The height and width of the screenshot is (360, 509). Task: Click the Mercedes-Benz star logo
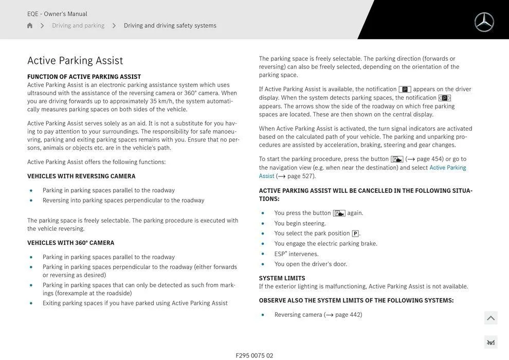point(484,22)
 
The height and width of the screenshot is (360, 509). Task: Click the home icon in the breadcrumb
point(30,26)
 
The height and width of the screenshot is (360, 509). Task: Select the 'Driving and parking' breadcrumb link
point(78,26)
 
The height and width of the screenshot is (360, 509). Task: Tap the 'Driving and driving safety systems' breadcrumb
point(170,26)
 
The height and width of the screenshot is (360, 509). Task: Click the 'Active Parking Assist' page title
point(75,61)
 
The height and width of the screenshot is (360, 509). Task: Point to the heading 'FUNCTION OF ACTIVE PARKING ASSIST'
point(84,77)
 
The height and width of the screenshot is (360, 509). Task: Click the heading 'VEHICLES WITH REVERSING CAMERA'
point(81,176)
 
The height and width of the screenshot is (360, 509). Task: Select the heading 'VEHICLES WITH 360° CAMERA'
point(70,243)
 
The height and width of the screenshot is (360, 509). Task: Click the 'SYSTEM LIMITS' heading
point(282,278)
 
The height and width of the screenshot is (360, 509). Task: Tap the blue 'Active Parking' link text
point(447,168)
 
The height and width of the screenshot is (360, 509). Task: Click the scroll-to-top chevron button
point(490,318)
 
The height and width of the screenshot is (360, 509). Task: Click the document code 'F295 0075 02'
point(254,355)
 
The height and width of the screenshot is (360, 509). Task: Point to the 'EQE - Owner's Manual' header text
point(57,14)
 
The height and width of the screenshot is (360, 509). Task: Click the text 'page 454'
point(430,159)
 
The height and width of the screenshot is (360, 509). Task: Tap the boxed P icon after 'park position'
point(355,233)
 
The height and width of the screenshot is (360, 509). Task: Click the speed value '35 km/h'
point(161,101)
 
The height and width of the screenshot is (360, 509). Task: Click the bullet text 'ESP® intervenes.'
point(296,254)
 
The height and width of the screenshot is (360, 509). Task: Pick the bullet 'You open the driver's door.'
point(311,264)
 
